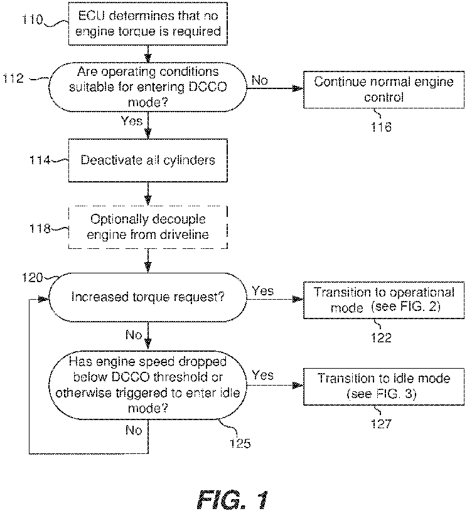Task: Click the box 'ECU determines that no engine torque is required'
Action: tap(148, 23)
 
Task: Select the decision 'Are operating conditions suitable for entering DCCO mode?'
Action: tap(148, 87)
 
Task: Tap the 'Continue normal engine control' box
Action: tap(384, 89)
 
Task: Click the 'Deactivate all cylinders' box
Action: tap(148, 161)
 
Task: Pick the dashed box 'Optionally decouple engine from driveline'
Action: tap(148, 227)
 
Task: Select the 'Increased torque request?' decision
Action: tap(148, 297)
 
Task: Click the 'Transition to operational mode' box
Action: tap(384, 300)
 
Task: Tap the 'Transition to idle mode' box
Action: tap(384, 386)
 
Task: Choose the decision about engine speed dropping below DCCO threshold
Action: tap(148, 385)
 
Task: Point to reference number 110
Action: tap(32, 19)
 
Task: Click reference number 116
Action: tap(381, 127)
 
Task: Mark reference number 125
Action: tap(240, 443)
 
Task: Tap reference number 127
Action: tap(381, 424)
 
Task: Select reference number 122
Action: tap(381, 337)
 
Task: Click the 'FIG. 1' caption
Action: tap(232, 499)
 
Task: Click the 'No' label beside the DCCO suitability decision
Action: tap(260, 80)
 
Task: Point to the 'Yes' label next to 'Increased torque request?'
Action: tap(263, 291)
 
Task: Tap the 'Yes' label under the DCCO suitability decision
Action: tap(132, 121)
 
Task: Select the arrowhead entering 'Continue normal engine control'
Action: tap(298, 88)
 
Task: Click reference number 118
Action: tap(40, 228)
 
